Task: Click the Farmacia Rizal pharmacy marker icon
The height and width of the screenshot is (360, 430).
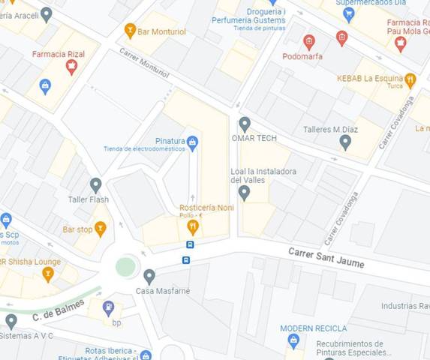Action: tap(71, 67)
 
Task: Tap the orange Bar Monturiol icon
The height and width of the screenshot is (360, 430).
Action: tap(131, 30)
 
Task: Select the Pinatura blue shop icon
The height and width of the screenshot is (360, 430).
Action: tap(192, 141)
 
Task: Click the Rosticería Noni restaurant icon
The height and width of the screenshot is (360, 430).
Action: tap(193, 226)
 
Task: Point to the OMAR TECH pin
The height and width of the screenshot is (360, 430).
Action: tap(244, 124)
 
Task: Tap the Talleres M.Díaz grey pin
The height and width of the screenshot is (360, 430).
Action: tap(345, 141)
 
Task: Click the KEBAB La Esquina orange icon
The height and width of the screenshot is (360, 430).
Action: tap(410, 79)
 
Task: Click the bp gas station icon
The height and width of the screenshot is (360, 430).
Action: tap(109, 307)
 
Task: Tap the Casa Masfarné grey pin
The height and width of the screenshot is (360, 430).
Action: tap(149, 276)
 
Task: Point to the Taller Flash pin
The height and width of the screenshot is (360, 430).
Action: tap(95, 184)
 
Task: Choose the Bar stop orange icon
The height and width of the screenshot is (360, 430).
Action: tap(100, 228)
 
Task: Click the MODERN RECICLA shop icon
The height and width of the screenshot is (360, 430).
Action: tap(293, 341)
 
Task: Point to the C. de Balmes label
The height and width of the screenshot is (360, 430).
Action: tap(57, 311)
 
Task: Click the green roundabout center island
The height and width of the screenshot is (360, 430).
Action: tap(125, 266)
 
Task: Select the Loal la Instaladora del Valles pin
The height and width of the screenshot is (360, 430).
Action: tap(244, 193)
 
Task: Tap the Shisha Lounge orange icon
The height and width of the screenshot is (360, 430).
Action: tap(48, 274)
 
